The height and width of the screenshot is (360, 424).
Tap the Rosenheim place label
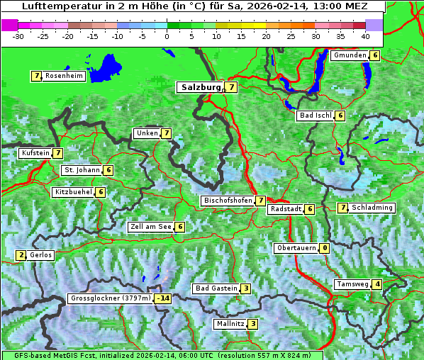(x=63, y=76)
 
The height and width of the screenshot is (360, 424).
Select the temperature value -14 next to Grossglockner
(x=163, y=298)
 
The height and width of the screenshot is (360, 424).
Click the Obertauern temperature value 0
(x=324, y=248)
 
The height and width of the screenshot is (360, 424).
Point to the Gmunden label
(x=350, y=55)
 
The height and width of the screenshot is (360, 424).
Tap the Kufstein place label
(x=35, y=152)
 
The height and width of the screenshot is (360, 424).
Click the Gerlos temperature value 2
(x=21, y=255)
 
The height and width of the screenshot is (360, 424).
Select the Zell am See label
(x=151, y=227)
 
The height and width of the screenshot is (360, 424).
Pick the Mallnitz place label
(x=230, y=324)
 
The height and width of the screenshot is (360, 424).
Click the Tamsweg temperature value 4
(x=378, y=284)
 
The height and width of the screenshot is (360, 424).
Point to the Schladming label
(x=372, y=208)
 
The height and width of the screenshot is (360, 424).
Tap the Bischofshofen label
(x=228, y=201)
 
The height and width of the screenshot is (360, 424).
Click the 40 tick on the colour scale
(x=365, y=35)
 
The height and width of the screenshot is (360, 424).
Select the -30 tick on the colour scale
(x=18, y=35)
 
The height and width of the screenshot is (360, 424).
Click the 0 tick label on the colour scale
(x=167, y=35)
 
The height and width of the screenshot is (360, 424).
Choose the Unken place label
(x=147, y=133)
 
